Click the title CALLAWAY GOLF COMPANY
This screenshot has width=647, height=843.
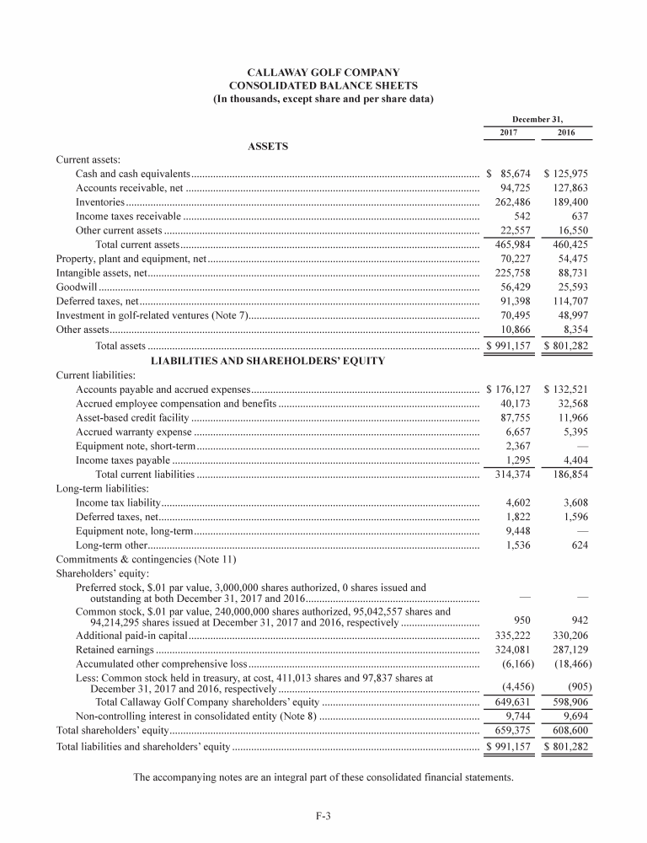point(323,72)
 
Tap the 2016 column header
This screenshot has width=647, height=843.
point(567,133)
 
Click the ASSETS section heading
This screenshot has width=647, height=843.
point(268,146)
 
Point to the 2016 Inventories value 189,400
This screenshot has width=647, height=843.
point(569,203)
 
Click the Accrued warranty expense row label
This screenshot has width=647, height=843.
point(134,432)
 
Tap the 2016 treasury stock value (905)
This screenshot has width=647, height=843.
point(576,685)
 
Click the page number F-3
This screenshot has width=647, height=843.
point(323,815)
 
